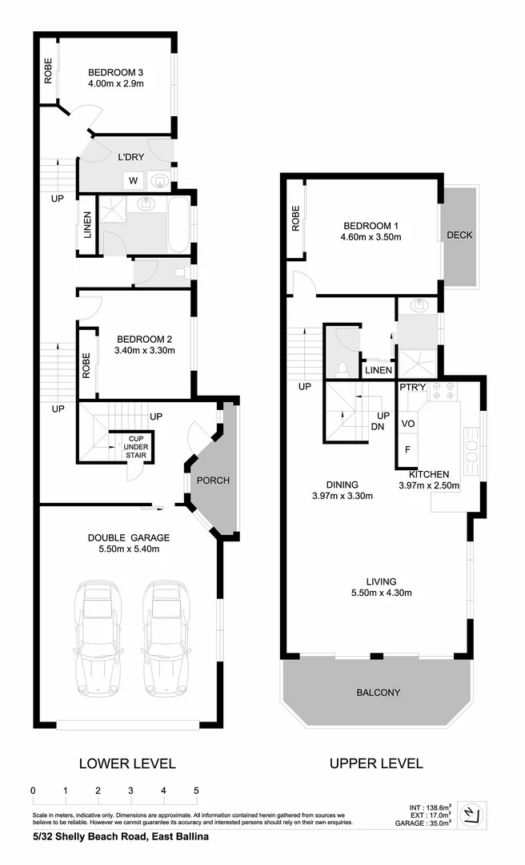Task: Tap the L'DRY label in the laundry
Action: click(130, 157)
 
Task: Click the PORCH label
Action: click(213, 481)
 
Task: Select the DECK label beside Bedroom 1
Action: click(459, 235)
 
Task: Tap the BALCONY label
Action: click(378, 692)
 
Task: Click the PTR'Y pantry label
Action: click(411, 387)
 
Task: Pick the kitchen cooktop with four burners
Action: click(443, 392)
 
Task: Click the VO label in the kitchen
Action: click(407, 423)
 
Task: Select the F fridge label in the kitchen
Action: click(407, 449)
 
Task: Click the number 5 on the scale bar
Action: click(196, 791)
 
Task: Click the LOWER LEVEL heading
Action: click(126, 763)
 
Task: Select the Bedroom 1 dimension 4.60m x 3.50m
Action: click(371, 237)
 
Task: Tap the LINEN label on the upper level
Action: click(378, 371)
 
